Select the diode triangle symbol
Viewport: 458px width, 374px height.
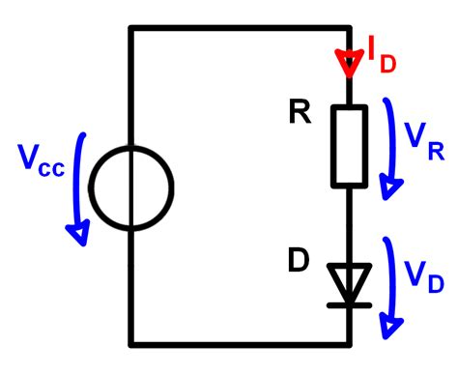(350, 280)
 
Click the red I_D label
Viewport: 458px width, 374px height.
(379, 56)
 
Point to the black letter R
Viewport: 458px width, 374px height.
(298, 114)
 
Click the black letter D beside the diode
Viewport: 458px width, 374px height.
(299, 261)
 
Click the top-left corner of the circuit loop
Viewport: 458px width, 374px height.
(130, 28)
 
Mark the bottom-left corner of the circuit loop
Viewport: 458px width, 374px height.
(130, 344)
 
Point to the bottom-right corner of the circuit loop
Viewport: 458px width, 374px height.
(350, 344)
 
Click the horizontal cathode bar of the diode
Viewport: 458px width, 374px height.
(350, 303)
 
